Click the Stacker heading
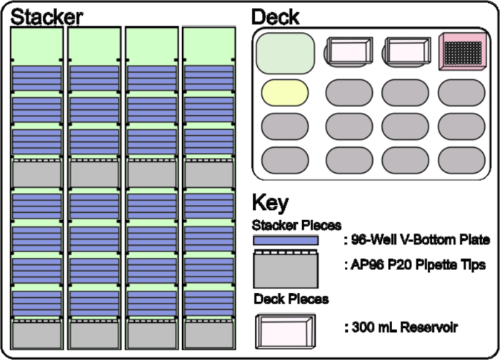(46, 16)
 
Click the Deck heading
(276, 16)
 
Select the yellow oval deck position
(285, 94)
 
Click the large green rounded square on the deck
(285, 52)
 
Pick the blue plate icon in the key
(285, 241)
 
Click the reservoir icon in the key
(284, 330)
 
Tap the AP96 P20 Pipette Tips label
(415, 265)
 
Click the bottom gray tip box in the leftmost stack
(37, 334)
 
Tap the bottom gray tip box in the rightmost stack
(209, 334)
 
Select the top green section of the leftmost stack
(37, 44)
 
